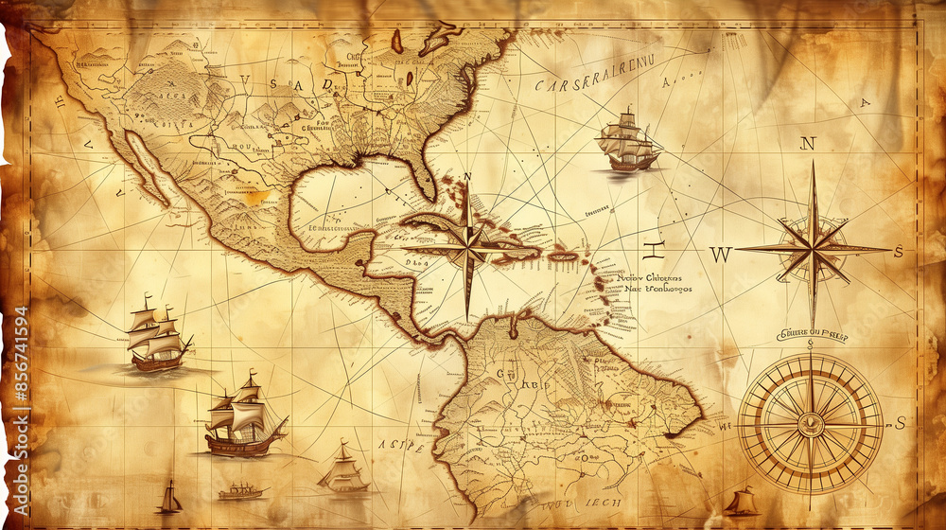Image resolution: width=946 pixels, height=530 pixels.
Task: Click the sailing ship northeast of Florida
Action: [x=627, y=143]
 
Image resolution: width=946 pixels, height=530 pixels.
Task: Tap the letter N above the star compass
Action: [x=807, y=144]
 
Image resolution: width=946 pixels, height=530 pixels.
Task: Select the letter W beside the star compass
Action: [x=721, y=254]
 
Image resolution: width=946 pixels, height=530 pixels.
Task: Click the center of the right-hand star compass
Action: [x=812, y=249]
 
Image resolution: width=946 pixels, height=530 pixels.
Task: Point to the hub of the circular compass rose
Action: [x=810, y=423]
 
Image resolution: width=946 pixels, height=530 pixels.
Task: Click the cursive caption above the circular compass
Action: [x=812, y=335]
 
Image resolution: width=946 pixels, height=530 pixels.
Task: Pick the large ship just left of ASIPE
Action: [x=244, y=416]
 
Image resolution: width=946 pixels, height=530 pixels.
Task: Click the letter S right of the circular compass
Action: [x=900, y=422]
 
